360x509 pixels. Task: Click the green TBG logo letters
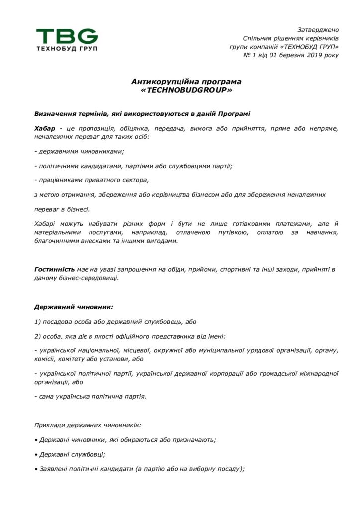click(67, 36)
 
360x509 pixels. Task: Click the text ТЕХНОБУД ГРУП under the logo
click(67, 48)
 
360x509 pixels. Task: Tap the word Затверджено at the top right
click(318, 30)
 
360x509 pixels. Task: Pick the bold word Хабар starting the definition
click(45, 129)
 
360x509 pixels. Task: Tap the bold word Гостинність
click(54, 269)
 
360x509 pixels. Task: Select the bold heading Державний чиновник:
click(74, 307)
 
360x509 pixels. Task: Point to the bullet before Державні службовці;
click(36, 454)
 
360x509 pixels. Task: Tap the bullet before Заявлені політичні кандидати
click(36, 469)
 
